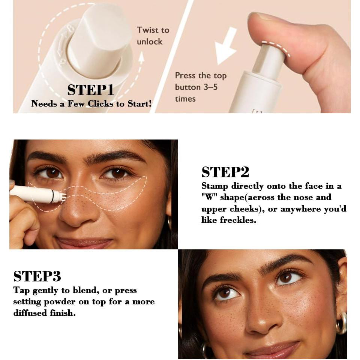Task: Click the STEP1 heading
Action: tap(91, 90)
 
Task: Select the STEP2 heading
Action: tap(225, 172)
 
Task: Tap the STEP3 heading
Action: tap(37, 276)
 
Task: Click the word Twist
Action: tap(147, 30)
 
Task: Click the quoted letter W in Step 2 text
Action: tap(207, 198)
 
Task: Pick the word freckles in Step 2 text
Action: tap(238, 220)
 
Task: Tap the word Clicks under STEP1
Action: tap(103, 104)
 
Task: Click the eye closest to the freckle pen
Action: tap(51, 173)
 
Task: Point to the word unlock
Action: tap(150, 42)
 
